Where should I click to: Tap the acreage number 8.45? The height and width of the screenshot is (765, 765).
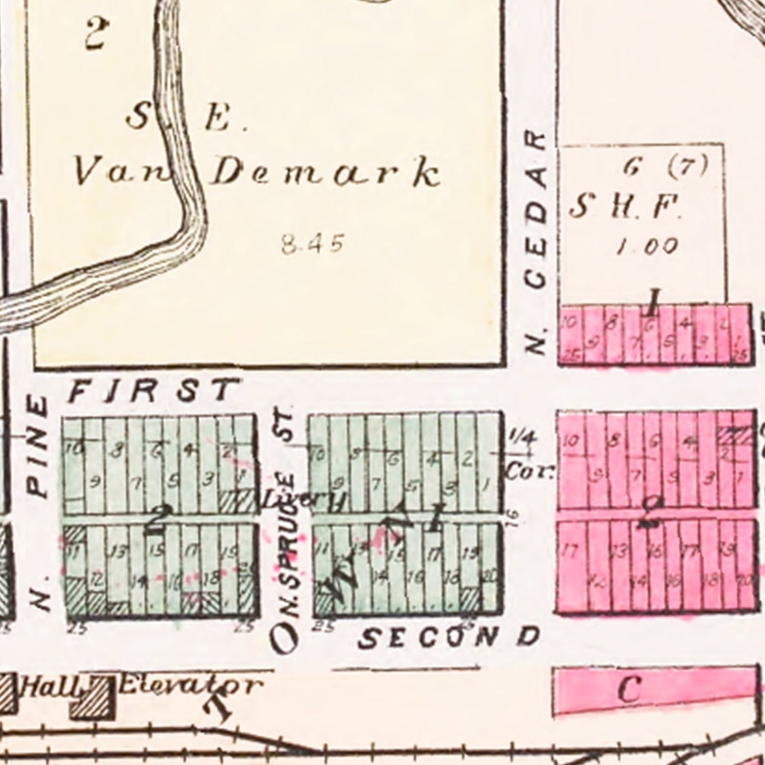[x=312, y=243]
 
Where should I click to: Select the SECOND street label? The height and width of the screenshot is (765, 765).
[x=449, y=637]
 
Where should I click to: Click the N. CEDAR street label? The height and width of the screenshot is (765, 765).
[x=536, y=242]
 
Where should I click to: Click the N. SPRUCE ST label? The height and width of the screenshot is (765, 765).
[x=286, y=530]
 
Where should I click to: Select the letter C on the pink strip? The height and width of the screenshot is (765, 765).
[x=629, y=690]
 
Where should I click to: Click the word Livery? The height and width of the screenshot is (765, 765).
[x=306, y=501]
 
